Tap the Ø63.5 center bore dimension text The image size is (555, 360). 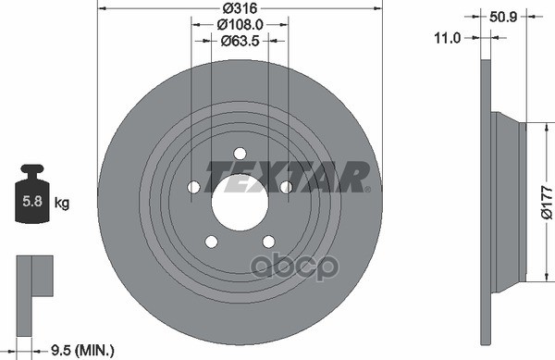pos(240,41)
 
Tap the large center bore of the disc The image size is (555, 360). pos(240,202)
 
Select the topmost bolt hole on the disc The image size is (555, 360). pos(240,154)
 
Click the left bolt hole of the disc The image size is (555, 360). pos(194,187)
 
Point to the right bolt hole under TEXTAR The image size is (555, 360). pos(286,188)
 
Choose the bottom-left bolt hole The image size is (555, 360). pos(211,242)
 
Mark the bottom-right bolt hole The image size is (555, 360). pos(268,242)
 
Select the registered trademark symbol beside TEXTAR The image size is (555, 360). pos(368,189)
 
